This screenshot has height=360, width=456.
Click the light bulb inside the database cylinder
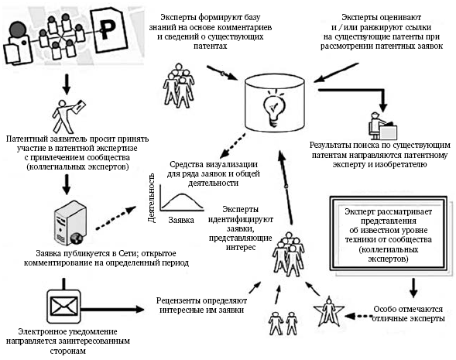pos(274,108)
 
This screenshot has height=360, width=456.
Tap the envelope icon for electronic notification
pos(63,307)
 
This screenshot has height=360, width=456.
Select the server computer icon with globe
pos(70,223)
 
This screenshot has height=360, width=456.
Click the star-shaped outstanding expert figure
pos(328,311)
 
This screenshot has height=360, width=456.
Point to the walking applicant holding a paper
pos(69,116)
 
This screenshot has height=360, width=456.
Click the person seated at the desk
pos(382,125)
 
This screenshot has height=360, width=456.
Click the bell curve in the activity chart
pos(182,201)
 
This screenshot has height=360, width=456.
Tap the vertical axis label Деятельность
pos(152,198)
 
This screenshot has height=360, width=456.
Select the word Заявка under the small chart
pos(181,220)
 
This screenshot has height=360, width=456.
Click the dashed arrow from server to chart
pos(116,218)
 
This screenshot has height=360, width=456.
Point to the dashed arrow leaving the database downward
pos(232,146)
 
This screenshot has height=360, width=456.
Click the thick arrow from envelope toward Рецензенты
pos(112,309)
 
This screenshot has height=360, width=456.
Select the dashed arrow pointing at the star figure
pos(359,316)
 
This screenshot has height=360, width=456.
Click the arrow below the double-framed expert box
pos(413,288)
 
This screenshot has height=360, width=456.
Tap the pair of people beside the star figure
pos(283,324)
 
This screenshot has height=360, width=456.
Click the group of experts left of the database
pos(179,86)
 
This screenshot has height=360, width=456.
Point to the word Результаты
pos(329,145)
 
